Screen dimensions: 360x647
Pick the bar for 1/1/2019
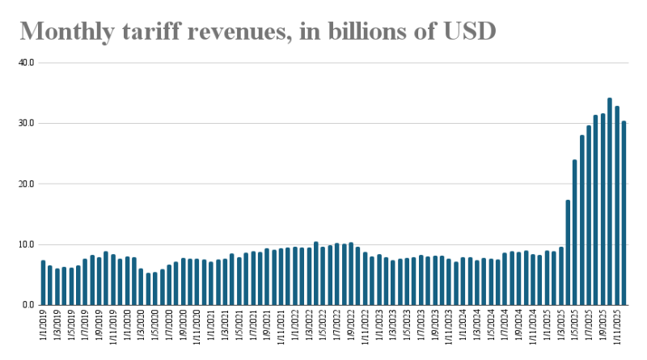coord(43,282)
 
